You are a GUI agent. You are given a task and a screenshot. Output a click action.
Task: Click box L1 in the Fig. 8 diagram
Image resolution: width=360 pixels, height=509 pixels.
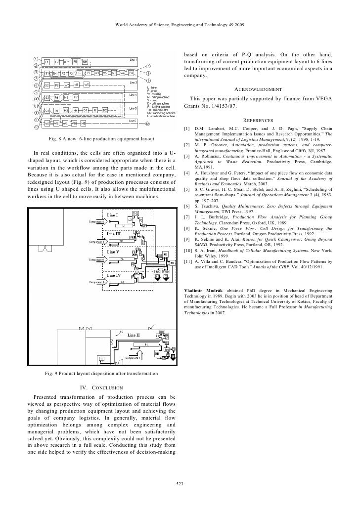coord(47,62)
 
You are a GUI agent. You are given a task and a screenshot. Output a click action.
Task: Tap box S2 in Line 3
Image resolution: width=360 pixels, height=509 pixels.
coord(47,85)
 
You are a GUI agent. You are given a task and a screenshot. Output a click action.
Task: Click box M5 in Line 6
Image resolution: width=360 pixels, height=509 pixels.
coord(84,123)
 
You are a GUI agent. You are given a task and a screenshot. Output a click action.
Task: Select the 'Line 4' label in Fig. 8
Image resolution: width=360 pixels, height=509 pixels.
coord(133,94)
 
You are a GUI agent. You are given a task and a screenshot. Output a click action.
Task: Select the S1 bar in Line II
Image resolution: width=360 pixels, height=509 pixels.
coord(146,343)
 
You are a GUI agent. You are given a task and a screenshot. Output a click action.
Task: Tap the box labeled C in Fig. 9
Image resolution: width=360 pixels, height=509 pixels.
coord(102,358)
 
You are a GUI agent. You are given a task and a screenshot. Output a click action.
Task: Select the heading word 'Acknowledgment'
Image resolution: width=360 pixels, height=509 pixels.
coord(258,89)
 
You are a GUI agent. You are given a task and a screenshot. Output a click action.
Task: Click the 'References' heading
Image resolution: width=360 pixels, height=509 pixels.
coord(258,120)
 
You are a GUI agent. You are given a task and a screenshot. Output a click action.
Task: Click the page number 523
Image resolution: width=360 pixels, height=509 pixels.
coord(180,483)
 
